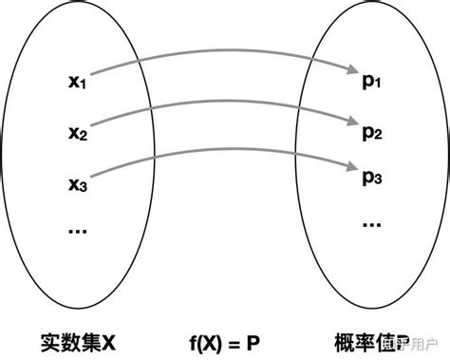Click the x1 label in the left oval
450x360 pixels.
77,85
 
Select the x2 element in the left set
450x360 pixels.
77,132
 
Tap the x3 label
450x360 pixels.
77,182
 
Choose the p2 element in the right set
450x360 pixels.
370,132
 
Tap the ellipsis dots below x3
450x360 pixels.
77,230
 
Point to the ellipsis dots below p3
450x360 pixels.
370,224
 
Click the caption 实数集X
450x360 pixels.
78,339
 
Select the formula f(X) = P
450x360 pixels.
224,339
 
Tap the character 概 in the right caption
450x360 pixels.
346,339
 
